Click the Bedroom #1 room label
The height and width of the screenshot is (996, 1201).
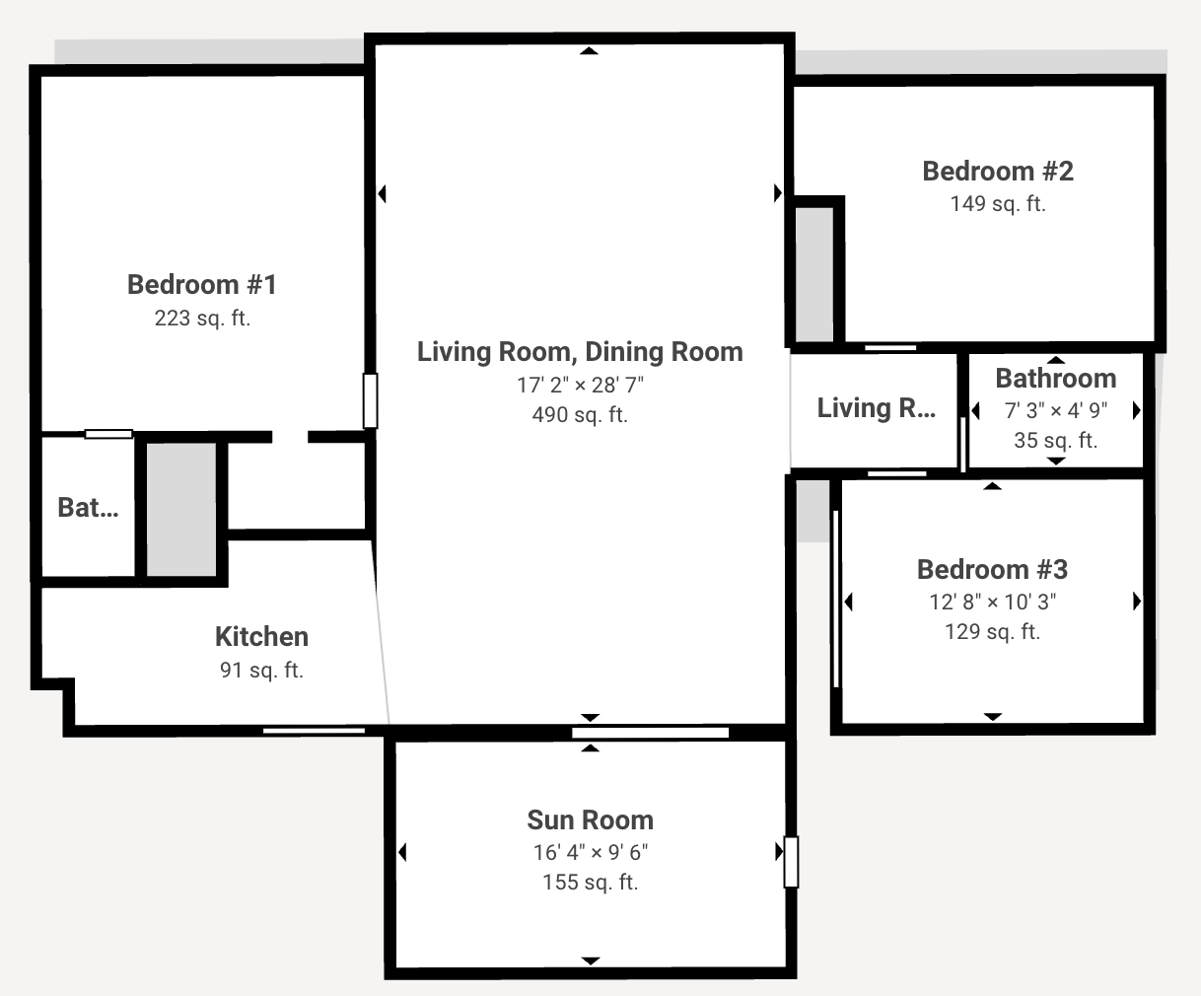click(202, 284)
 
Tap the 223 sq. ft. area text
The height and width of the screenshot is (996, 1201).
click(202, 319)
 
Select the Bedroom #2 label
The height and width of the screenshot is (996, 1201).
click(998, 171)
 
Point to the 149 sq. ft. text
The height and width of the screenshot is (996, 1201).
click(998, 204)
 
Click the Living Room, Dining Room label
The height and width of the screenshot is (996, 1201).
click(580, 352)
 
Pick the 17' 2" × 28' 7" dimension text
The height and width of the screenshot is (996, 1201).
click(580, 385)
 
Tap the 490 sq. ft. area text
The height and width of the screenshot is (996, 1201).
click(580, 415)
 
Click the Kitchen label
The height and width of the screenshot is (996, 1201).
click(261, 636)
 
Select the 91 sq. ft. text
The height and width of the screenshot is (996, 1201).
click(261, 670)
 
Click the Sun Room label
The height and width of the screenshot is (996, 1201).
click(590, 819)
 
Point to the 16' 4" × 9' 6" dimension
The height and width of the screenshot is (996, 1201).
click(590, 852)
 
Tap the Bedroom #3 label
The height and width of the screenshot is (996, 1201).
click(992, 570)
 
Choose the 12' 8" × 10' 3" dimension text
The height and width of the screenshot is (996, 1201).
click(992, 602)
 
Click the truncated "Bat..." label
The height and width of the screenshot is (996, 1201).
click(88, 508)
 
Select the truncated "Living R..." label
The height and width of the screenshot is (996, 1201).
click(876, 408)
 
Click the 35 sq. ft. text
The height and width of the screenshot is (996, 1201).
click(1055, 440)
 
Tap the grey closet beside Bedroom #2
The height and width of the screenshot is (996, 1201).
click(814, 274)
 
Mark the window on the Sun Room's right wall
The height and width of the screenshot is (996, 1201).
click(792, 862)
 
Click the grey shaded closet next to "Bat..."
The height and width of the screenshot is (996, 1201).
click(181, 509)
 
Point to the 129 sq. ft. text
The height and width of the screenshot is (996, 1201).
click(992, 632)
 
